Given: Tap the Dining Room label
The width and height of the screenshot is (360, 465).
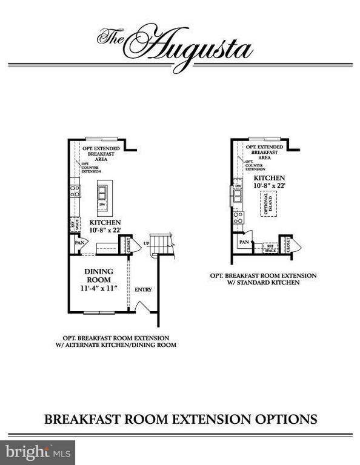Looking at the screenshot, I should pyautogui.click(x=98, y=275).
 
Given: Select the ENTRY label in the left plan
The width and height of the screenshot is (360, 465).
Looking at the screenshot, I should pyautogui.click(x=143, y=289).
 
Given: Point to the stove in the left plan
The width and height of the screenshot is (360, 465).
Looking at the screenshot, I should pyautogui.click(x=75, y=191).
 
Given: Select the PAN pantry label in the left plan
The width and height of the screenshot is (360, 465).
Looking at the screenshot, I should pyautogui.click(x=79, y=243).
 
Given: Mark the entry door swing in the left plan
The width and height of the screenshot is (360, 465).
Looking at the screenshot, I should pyautogui.click(x=140, y=306).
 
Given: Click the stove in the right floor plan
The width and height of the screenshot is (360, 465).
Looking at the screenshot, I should pyautogui.click(x=238, y=217).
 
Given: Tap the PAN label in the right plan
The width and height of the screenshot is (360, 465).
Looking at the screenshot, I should pyautogui.click(x=244, y=242).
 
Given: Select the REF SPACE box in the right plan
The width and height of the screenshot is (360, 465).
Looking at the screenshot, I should pyautogui.click(x=270, y=248).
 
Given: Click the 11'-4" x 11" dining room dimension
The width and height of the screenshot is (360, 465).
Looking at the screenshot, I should pyautogui.click(x=98, y=289).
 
